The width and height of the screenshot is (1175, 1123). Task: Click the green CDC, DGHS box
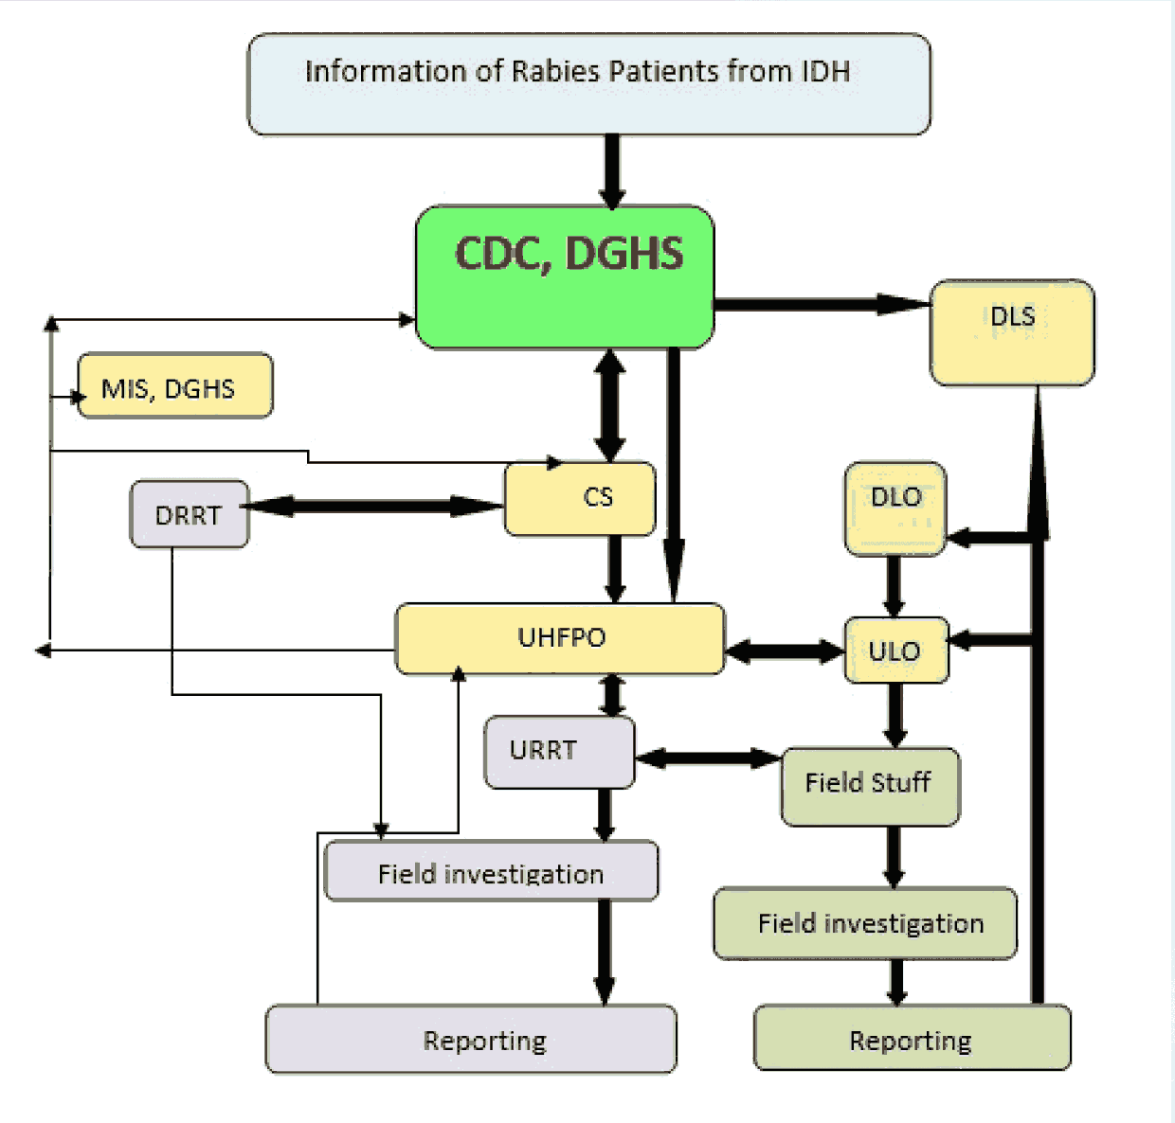coord(565,276)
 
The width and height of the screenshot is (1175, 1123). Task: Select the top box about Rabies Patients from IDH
coord(588,84)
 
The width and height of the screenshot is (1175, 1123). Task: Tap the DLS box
coord(1012,332)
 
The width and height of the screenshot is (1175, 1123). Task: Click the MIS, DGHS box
coord(174,386)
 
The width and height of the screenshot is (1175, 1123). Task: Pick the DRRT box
coord(189,514)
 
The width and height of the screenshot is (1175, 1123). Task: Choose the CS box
coord(580,499)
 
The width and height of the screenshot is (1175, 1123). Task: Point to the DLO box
coord(895,508)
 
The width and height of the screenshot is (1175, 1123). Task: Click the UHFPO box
coord(559,639)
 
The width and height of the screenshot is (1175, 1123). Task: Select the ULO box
coord(895,651)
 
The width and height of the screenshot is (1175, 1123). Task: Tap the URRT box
coord(559,752)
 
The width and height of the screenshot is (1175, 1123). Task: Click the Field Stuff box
coord(870,786)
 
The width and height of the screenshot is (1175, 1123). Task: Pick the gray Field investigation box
coord(491,871)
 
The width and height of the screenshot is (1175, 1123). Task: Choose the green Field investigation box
coord(865,923)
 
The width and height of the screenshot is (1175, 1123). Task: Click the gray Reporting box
coord(471,1040)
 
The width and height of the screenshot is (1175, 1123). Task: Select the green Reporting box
coord(912,1038)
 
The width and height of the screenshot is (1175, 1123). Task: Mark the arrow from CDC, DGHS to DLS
coord(821,304)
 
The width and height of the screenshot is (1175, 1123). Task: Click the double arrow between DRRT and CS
coord(375,507)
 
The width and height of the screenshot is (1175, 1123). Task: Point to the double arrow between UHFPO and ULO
coord(785,651)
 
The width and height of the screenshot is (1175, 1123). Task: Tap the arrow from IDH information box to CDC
coord(612,170)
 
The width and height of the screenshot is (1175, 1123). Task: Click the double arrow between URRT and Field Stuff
coord(708,758)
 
